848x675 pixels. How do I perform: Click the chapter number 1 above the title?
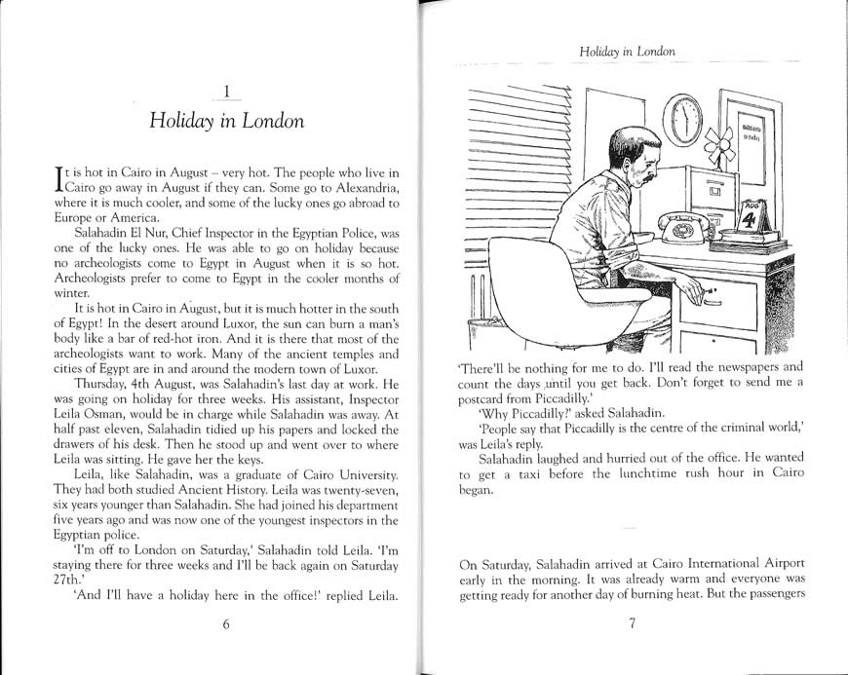pos(226,93)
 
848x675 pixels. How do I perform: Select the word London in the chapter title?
pos(272,123)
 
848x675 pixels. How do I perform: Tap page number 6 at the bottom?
pos(226,625)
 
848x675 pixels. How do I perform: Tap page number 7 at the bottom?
pos(631,625)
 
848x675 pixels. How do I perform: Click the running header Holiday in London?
pos(628,50)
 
